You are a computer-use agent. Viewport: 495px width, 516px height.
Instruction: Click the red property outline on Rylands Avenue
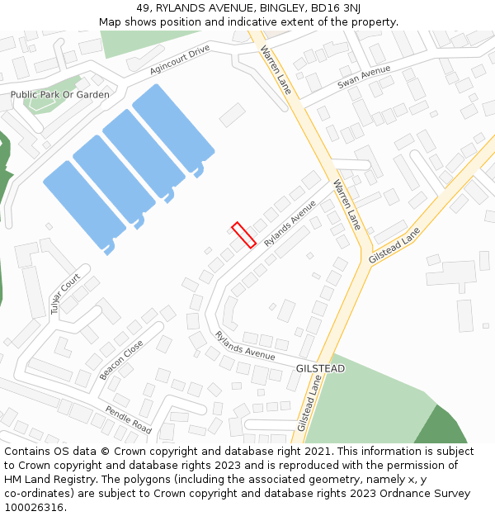[x=244, y=235]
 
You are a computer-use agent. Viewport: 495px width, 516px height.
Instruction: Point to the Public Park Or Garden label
[x=59, y=95]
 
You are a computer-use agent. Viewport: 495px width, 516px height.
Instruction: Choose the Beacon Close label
[x=121, y=359]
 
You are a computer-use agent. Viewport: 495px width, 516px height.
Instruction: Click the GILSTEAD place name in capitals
[x=320, y=368]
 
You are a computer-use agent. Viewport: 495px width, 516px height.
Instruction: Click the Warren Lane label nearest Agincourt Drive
[x=276, y=70]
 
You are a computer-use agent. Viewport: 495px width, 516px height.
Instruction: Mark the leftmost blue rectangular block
[x=84, y=204]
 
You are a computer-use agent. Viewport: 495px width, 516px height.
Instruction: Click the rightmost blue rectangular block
[x=173, y=128]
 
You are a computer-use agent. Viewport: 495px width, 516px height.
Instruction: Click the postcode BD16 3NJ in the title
[x=330, y=8]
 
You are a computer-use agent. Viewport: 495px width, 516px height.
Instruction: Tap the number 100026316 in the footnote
[x=35, y=508]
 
